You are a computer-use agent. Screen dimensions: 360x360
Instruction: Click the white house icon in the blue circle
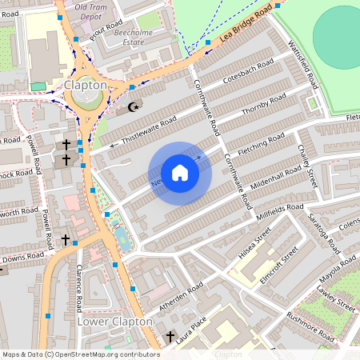coord(180,172)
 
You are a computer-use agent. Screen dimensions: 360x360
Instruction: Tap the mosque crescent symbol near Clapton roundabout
coord(134,106)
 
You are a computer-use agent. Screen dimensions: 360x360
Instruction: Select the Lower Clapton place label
coord(114,321)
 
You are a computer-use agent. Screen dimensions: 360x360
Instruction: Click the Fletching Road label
coord(261,144)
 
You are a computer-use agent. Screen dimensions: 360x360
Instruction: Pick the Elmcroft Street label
coord(279,264)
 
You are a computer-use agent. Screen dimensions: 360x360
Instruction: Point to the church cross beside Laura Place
coord(170,337)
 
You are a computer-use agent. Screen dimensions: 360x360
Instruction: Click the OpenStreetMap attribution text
coord(81,354)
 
